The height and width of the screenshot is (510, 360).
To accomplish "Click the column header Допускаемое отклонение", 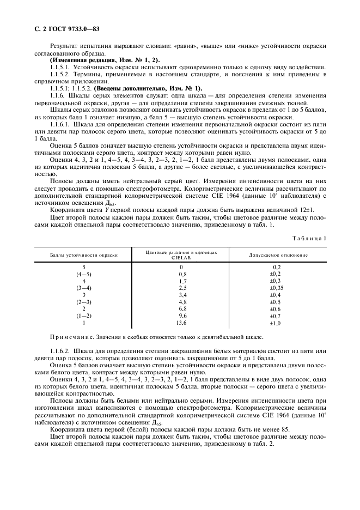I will [278, 255].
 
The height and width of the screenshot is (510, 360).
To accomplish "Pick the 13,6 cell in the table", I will [182, 323].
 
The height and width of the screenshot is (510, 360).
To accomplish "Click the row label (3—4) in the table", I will [84, 287].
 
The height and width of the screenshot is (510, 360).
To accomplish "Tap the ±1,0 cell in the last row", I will [277, 323].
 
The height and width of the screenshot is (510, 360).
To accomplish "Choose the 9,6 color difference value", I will [182, 315].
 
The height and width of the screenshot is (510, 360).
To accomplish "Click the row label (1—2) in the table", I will [84, 315].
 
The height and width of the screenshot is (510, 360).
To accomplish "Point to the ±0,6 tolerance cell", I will [277, 308].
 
